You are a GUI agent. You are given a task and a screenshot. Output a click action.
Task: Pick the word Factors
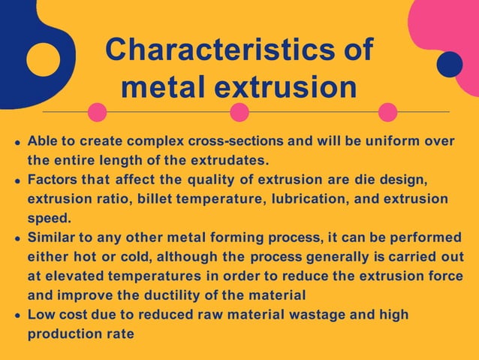53,180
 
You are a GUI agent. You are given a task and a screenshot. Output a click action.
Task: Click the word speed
47,219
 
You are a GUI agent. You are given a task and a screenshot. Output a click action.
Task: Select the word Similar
52,238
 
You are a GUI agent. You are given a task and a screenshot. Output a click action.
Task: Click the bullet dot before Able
17,141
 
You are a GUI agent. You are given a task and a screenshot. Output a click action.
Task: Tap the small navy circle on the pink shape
449,65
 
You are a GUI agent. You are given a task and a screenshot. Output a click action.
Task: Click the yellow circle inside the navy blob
43,59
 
